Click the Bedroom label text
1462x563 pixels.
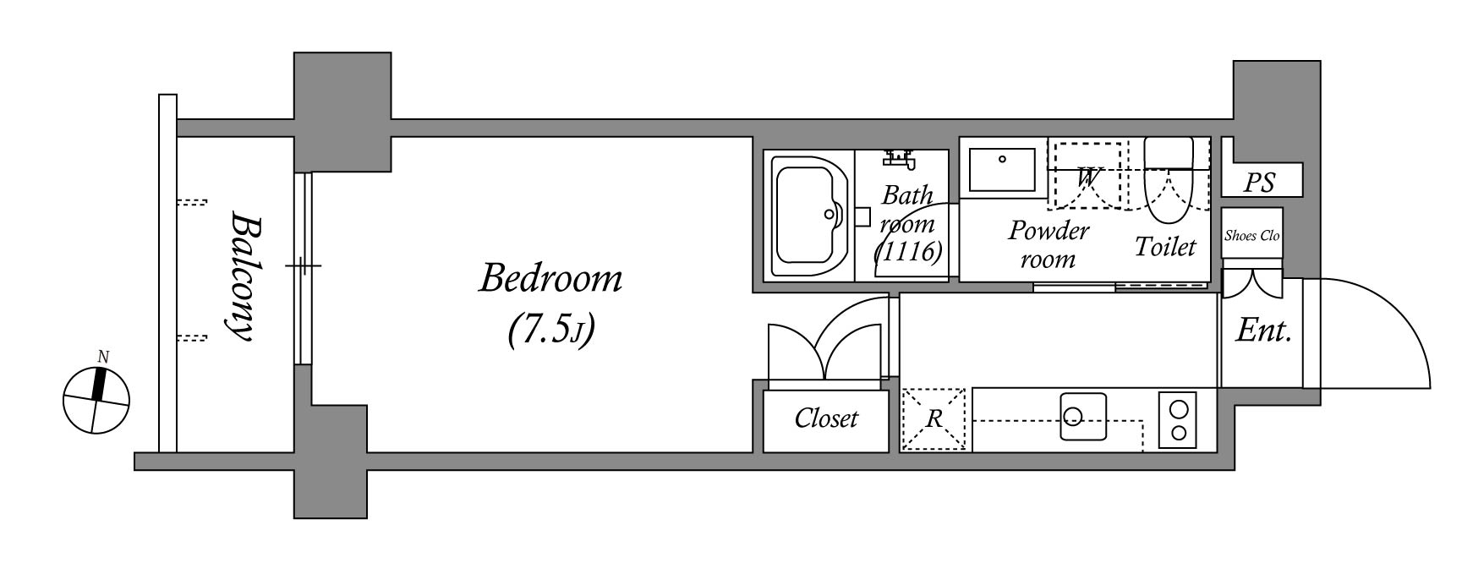point(550,278)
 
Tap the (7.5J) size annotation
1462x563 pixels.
point(550,330)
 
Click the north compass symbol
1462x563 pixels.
point(97,399)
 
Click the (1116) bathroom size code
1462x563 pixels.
point(909,251)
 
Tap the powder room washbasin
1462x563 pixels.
point(1003,169)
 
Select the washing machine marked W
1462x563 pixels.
point(1085,175)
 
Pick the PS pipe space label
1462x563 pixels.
point(1260,183)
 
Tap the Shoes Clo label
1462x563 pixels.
point(1251,236)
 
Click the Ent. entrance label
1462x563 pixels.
point(1263,331)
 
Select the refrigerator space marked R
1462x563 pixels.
point(934,418)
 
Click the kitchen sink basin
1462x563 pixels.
point(1083,416)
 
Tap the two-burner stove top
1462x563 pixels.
point(1178,421)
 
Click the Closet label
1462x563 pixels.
point(826,418)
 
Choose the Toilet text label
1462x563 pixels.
point(1165,247)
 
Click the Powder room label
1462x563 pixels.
point(1049,244)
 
